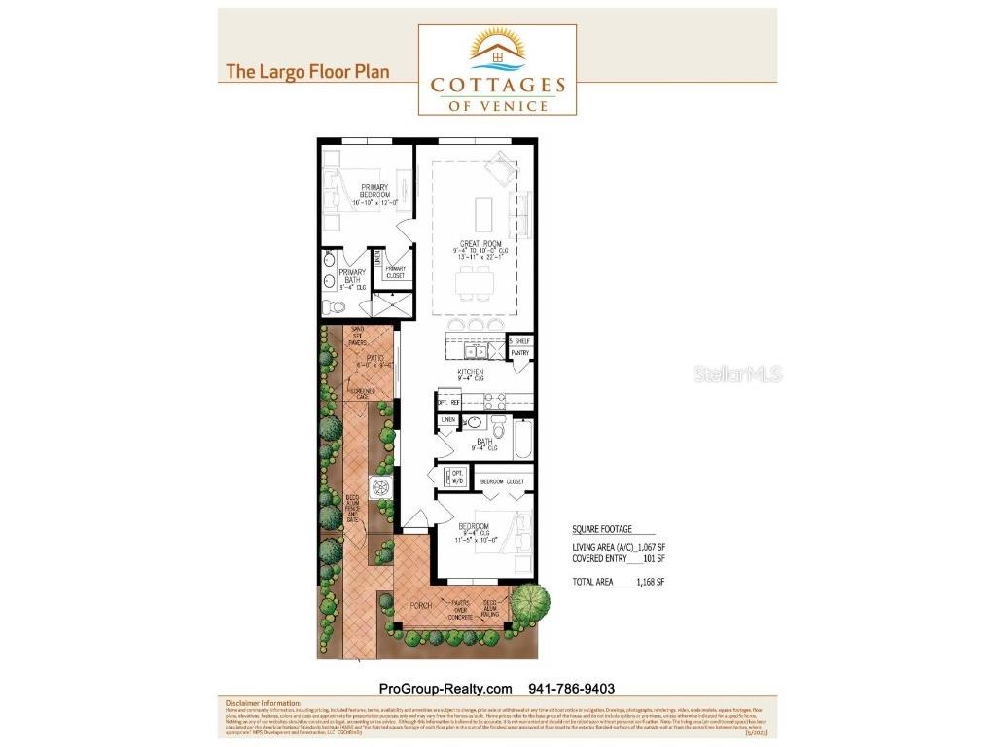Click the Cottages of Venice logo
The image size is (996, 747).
[497, 69]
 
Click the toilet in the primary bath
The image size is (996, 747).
[334, 306]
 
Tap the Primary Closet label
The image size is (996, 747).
[395, 272]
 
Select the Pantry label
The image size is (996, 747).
[519, 353]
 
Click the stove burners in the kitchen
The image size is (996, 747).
[493, 398]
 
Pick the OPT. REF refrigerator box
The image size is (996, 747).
[448, 400]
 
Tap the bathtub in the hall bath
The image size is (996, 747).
[521, 440]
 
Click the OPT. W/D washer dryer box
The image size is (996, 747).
[455, 478]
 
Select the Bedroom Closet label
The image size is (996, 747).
[503, 481]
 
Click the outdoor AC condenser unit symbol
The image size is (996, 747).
[379, 486]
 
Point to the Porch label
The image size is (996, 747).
[420, 606]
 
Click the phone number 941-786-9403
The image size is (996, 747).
[571, 688]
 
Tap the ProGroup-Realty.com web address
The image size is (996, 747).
[445, 688]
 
